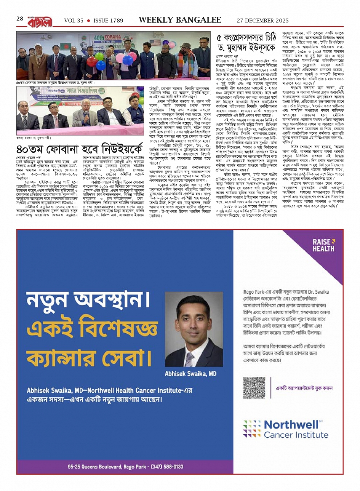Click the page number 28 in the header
20,19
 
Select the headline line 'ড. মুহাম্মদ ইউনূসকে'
246,49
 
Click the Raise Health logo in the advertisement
323,245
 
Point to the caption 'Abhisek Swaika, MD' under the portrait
190,374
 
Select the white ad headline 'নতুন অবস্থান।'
88,301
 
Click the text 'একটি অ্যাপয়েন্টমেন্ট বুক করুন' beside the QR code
304,388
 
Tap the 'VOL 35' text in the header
74,21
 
